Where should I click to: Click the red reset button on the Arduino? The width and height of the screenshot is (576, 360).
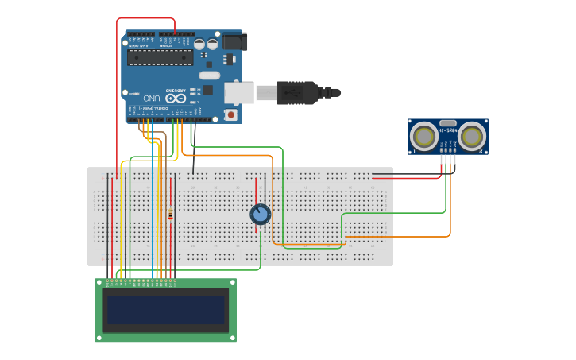pyautogui.click(x=231, y=114)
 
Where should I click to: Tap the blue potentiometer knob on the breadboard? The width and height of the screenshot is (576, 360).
pyautogui.click(x=260, y=214)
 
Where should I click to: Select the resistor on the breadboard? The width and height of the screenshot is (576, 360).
pyautogui.click(x=170, y=213)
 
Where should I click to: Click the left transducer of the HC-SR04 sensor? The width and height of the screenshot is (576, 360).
pyautogui.click(x=424, y=137)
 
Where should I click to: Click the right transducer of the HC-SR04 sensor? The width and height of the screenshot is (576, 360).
pyautogui.click(x=472, y=137)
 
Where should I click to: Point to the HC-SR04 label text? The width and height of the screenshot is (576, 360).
pyautogui.click(x=448, y=130)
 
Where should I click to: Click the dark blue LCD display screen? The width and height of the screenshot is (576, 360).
pyautogui.click(x=165, y=309)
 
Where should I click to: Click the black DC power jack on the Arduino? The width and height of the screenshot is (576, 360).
pyautogui.click(x=234, y=41)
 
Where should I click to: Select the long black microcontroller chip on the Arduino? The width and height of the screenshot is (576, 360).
pyautogui.click(x=160, y=57)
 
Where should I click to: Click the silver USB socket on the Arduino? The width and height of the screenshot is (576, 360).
pyautogui.click(x=239, y=92)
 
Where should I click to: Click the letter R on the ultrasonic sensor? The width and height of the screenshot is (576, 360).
pyautogui.click(x=481, y=150)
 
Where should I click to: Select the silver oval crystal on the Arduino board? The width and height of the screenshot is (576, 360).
pyautogui.click(x=209, y=75)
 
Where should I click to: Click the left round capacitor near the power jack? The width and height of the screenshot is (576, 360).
pyautogui.click(x=199, y=45)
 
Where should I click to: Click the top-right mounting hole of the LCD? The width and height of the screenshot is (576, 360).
pyautogui.click(x=232, y=283)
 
